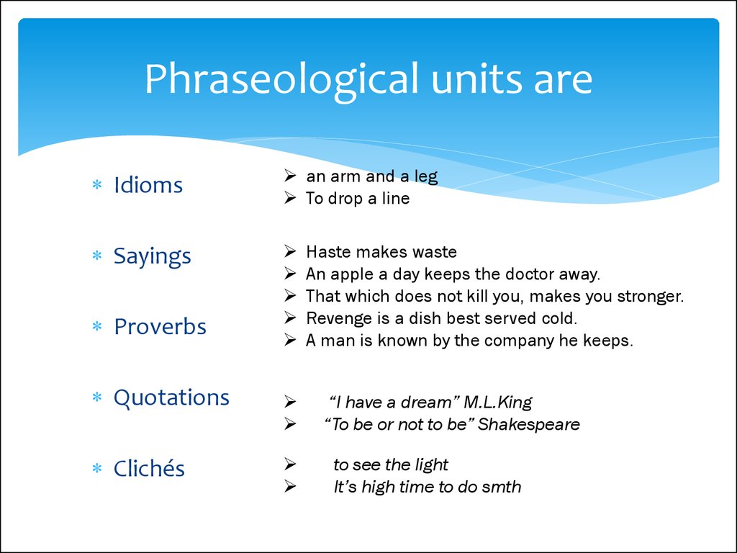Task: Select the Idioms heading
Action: [x=148, y=185]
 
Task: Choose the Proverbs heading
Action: [x=160, y=326]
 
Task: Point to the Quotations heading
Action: [x=171, y=398]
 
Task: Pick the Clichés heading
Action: [x=149, y=468]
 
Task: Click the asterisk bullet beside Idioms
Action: [x=97, y=184]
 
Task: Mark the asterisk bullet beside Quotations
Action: [x=97, y=397]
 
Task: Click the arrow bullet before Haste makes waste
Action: [x=290, y=251]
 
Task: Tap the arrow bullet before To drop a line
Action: [x=290, y=198]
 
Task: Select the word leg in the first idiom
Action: [x=426, y=177]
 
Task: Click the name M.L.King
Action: [x=498, y=403]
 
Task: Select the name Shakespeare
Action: [x=529, y=425]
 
